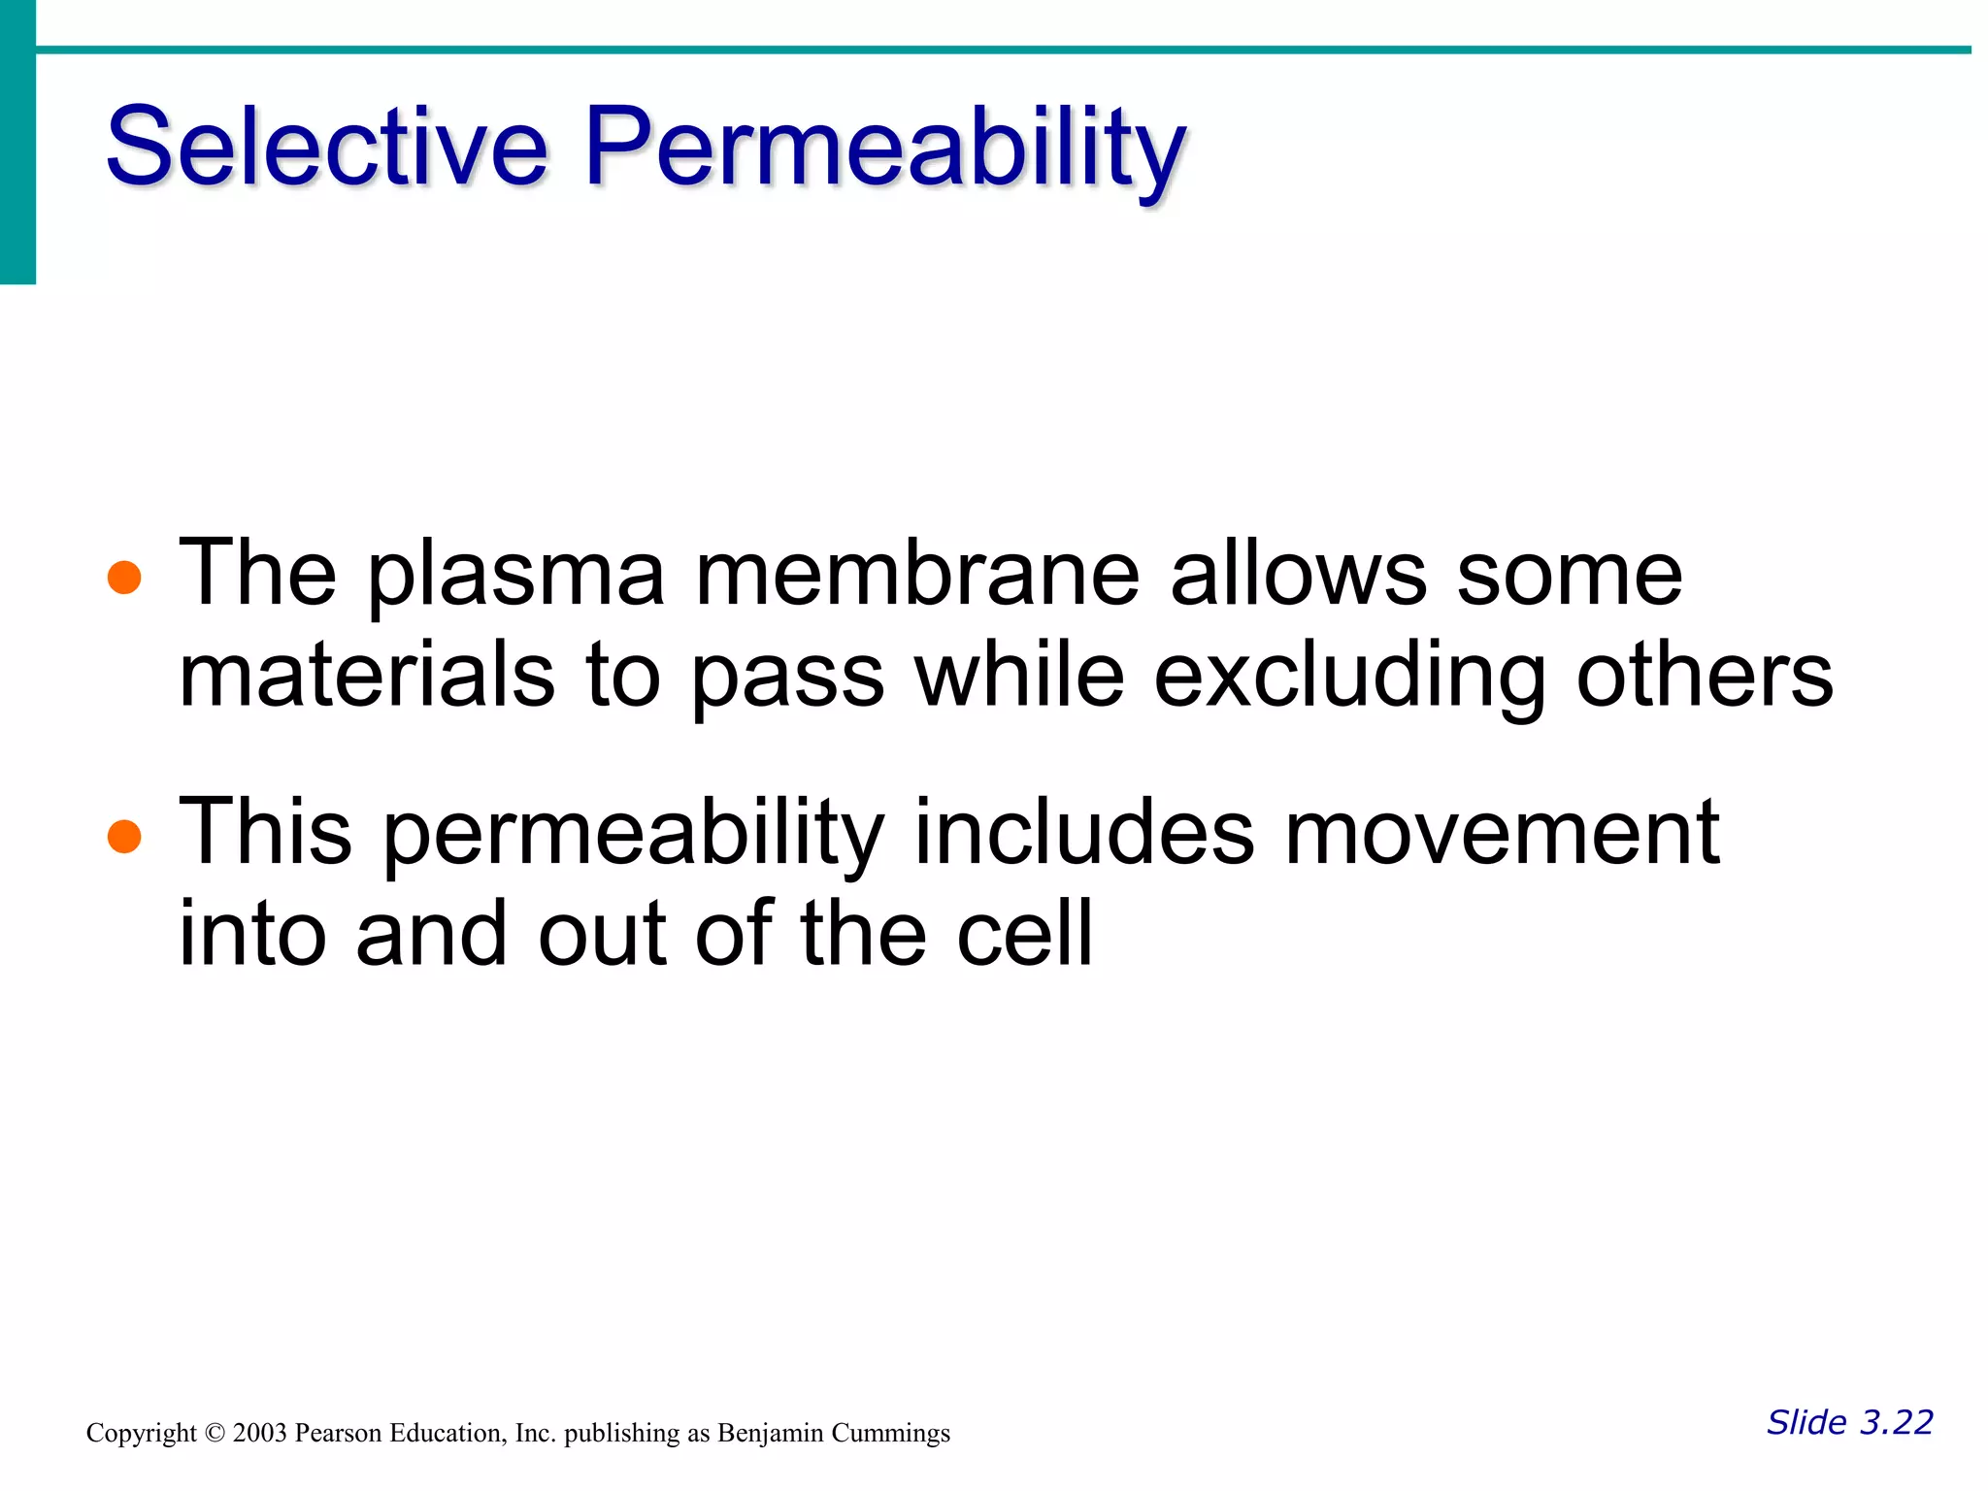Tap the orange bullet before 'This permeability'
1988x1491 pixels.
click(124, 835)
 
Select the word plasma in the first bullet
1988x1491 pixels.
click(515, 577)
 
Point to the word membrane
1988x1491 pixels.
click(917, 575)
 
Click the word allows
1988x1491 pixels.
click(1298, 575)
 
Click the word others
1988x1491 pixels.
click(1705, 677)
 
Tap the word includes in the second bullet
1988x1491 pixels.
click(1084, 833)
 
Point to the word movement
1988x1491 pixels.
click(1502, 833)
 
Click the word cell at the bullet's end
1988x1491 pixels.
click(1025, 934)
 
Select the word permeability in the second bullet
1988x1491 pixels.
click(634, 835)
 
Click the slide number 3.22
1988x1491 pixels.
click(1896, 1422)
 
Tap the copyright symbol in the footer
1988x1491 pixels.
click(215, 1434)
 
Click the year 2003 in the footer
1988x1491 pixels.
click(259, 1434)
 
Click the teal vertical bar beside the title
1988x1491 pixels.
click(17, 146)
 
